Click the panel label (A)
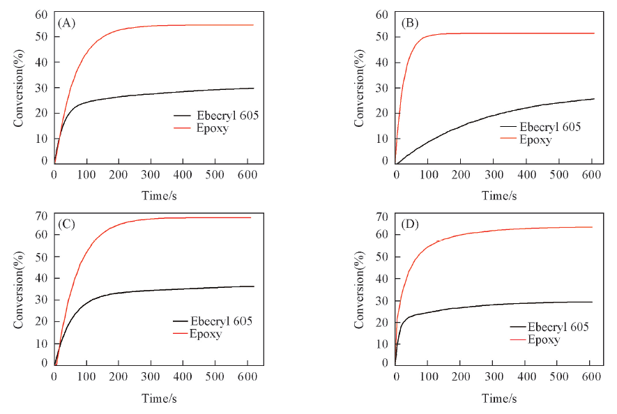67,23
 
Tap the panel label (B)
411,23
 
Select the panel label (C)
67,225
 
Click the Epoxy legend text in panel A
213,128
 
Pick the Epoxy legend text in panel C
206,334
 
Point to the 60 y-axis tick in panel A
41,15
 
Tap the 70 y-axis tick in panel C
42,217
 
